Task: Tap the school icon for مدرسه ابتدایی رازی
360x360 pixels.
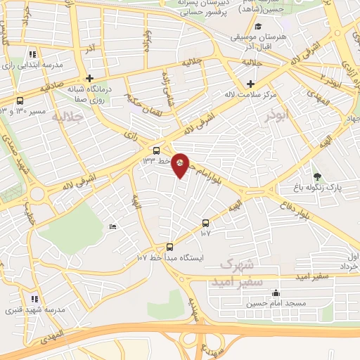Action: pyautogui.click(x=32, y=54)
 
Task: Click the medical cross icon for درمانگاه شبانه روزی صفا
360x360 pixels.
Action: pyautogui.click(x=89, y=78)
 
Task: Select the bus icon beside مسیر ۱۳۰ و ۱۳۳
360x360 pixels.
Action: pyautogui.click(x=20, y=101)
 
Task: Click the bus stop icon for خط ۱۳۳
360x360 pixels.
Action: pyautogui.click(x=156, y=150)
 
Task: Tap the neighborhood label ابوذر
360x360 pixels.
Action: pyautogui.click(x=257, y=116)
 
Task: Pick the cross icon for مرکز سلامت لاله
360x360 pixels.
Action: pyautogui.click(x=250, y=84)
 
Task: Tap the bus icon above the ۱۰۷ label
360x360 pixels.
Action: pyautogui.click(x=205, y=222)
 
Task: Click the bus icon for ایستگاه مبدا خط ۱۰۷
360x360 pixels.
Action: pyautogui.click(x=169, y=247)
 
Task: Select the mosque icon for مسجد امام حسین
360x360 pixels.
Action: pyautogui.click(x=276, y=293)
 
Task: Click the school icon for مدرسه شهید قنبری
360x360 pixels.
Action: pyautogui.click(x=33, y=299)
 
